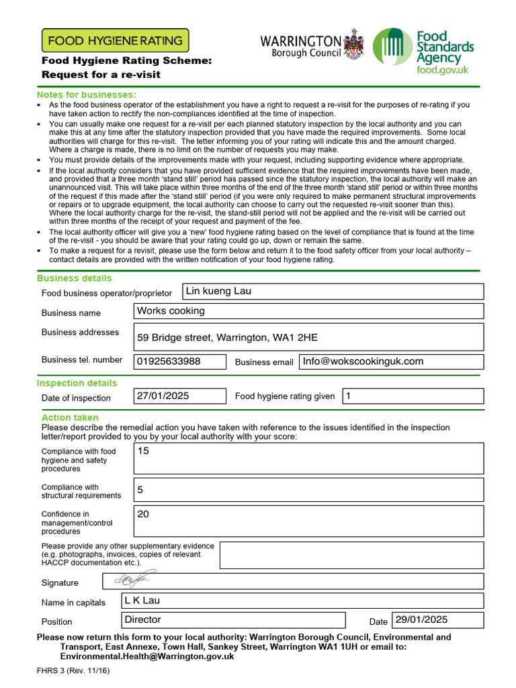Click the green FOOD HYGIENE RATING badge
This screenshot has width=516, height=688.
(115, 40)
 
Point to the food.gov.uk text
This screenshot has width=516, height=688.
(442, 70)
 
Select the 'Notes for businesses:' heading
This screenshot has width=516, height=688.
(86, 94)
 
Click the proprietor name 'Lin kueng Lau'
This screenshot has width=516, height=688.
(218, 291)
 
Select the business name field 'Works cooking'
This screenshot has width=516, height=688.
(171, 311)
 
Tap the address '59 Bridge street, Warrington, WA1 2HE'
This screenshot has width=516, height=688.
(227, 337)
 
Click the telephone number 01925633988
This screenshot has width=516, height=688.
(168, 361)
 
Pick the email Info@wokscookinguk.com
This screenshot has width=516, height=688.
(363, 361)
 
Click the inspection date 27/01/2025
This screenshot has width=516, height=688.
(163, 396)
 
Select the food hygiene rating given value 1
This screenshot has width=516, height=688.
(348, 396)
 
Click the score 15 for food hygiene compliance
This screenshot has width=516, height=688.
(143, 451)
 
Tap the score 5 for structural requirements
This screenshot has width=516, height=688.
(140, 490)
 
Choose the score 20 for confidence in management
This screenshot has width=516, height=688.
(143, 514)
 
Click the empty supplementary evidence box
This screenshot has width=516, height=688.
(351, 555)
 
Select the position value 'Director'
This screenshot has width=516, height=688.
(143, 619)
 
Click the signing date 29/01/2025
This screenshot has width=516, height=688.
(421, 619)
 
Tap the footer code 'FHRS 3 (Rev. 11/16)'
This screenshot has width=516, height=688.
(73, 671)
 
